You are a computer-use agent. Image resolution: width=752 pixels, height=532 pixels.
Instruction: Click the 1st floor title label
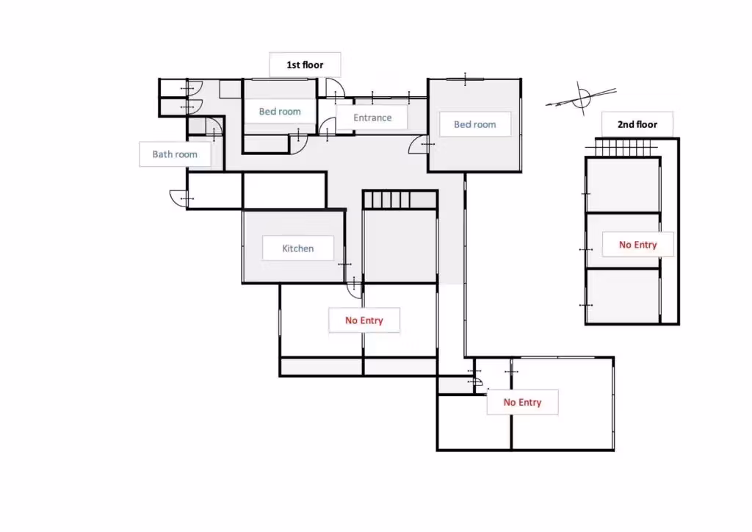click(305, 65)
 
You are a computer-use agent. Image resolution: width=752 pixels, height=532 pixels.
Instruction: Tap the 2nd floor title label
click(637, 124)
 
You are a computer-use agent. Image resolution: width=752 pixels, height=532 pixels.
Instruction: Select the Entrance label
click(372, 118)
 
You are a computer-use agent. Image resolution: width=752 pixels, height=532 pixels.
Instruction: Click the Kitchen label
click(298, 248)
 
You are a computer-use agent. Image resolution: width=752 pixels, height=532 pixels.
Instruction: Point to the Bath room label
click(175, 154)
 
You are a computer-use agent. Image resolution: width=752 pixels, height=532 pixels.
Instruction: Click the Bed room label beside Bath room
click(280, 111)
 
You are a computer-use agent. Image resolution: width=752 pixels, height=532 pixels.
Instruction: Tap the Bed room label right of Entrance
click(475, 124)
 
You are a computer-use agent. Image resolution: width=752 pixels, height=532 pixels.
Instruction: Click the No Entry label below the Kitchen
click(364, 320)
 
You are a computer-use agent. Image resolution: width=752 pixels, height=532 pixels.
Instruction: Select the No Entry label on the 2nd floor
click(638, 245)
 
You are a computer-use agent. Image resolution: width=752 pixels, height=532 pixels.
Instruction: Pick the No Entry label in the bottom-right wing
click(522, 402)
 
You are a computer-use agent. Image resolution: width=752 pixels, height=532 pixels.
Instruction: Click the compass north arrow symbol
click(582, 98)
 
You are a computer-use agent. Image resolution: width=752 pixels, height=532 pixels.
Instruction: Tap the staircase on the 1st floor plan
click(386, 200)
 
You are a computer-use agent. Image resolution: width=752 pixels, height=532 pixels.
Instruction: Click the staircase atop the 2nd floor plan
click(623, 148)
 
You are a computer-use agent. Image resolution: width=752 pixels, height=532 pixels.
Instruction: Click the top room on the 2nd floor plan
click(623, 184)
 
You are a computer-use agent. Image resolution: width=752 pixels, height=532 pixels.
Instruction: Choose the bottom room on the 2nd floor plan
click(623, 296)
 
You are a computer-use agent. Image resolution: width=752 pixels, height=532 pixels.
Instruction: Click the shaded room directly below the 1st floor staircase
click(400, 246)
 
